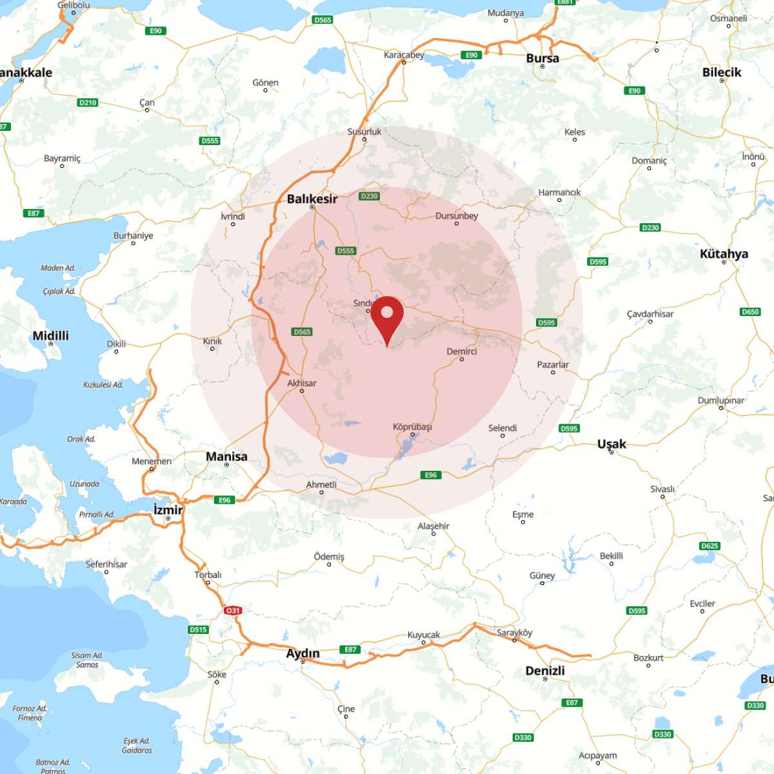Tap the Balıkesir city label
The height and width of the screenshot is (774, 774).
312,199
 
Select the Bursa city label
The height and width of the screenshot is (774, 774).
542,58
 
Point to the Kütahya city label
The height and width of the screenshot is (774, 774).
724,253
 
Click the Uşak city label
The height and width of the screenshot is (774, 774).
611,444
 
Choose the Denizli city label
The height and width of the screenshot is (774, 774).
545,671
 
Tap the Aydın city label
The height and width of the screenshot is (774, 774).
303,653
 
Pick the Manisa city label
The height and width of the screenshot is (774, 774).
226,457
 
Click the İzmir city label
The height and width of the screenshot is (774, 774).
168,510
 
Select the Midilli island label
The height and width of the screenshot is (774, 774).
50,335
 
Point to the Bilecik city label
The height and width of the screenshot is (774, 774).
722,72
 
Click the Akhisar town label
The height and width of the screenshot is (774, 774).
302,383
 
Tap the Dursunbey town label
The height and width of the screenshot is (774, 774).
457,215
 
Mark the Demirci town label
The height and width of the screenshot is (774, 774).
462,352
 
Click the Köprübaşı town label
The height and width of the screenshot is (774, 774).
412,427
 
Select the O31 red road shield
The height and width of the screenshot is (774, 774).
232,610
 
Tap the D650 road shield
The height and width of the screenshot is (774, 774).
750,312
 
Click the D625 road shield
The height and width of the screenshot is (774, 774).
709,546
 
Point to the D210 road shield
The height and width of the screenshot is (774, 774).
87,103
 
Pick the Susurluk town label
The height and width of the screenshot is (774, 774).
364,132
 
